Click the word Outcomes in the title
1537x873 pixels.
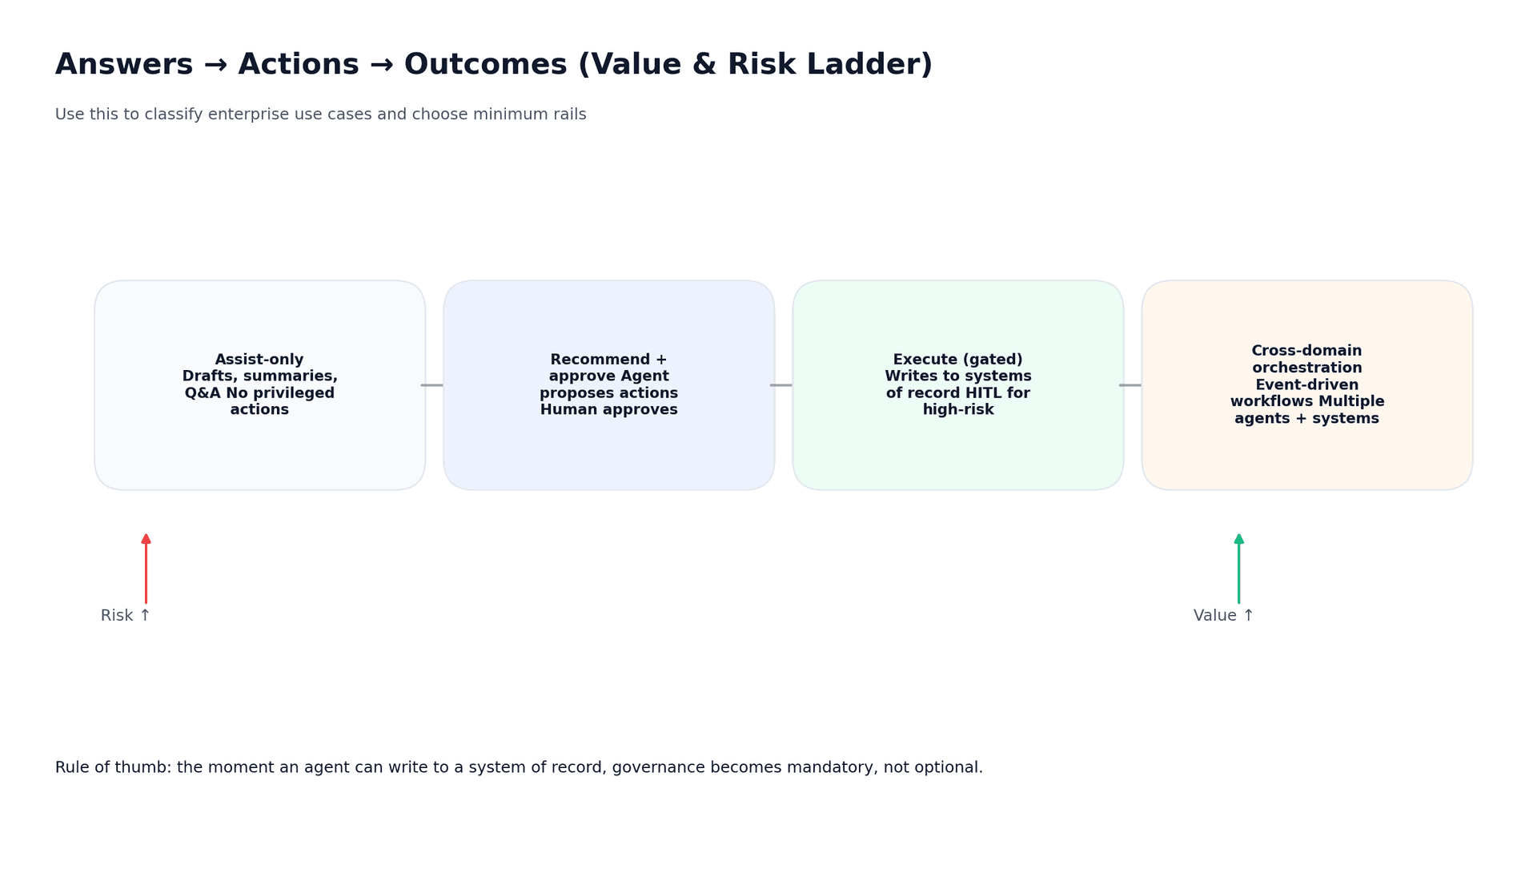pos(486,65)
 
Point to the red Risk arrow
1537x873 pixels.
pos(146,569)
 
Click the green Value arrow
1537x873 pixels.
pos(1238,569)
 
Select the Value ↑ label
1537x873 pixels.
pos(1223,616)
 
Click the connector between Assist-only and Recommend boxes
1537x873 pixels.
pos(432,385)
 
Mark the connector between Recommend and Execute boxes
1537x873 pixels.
pos(781,385)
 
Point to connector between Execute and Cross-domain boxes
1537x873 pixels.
pos(1130,385)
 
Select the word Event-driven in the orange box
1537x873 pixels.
pos(1306,385)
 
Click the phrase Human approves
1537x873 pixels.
pos(608,410)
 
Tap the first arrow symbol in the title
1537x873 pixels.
pos(215,65)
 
